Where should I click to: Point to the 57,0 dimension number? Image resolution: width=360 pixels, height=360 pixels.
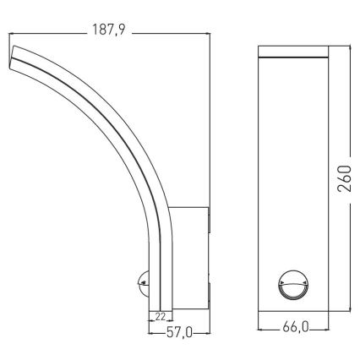[x=177, y=334]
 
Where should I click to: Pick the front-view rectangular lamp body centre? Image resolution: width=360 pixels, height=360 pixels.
[x=292, y=177]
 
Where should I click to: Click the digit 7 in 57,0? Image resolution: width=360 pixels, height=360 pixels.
[x=175, y=334]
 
